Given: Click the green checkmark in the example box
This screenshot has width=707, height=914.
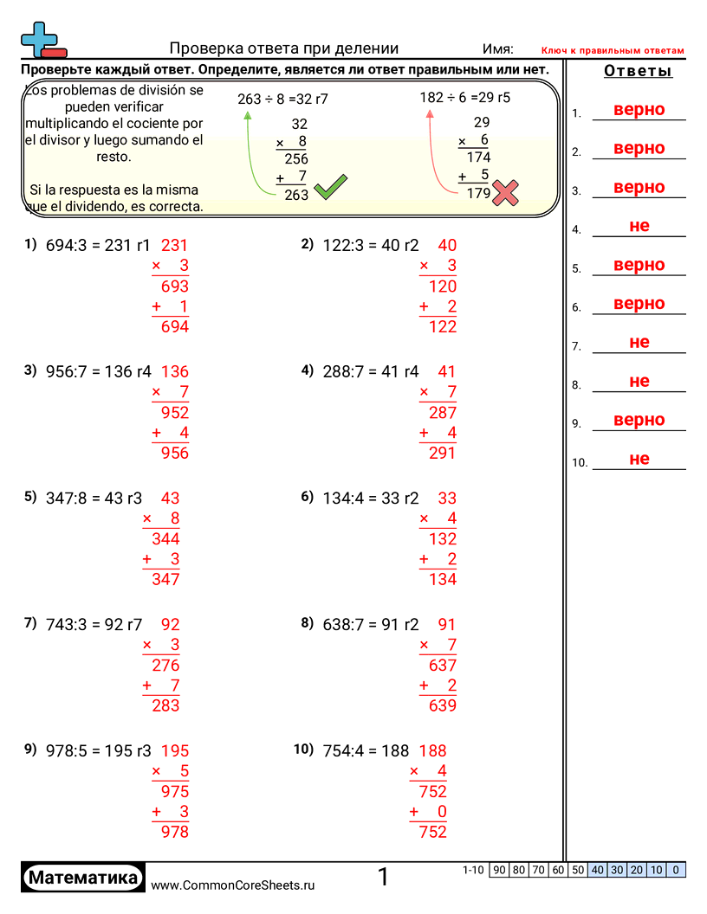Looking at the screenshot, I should tap(330, 187).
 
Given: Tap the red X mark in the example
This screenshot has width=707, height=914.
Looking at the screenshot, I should tap(505, 192).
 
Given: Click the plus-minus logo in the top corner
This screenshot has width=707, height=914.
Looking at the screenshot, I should tap(40, 40).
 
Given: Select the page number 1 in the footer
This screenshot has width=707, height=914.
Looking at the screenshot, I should tap(384, 877).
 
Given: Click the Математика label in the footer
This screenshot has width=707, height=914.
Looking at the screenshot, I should tap(83, 877).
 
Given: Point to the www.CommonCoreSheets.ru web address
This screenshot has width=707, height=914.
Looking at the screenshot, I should tap(233, 885).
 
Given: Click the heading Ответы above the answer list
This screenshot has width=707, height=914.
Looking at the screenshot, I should tap(638, 71).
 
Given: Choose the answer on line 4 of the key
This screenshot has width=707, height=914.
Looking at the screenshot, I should tap(639, 226).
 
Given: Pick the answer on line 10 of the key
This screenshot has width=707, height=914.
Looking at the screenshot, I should tap(639, 459).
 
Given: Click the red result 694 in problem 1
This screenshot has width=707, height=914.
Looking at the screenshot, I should tap(175, 326).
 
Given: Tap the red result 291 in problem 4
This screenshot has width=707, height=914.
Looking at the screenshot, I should tap(442, 453).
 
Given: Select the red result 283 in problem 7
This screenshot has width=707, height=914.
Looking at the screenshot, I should tap(165, 705).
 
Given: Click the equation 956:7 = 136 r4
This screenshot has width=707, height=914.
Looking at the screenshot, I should tap(98, 372).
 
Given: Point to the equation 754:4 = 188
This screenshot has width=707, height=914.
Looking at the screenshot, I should tap(366, 750).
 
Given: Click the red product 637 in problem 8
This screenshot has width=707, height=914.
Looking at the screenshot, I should tap(443, 666).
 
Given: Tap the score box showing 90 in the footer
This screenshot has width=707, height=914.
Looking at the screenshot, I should tap(499, 870).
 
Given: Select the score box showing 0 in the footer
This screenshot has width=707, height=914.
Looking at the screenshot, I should tap(677, 870).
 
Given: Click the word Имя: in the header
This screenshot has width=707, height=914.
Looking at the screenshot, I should tap(497, 49).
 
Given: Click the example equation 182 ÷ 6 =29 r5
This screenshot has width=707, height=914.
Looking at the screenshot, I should tap(465, 98).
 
